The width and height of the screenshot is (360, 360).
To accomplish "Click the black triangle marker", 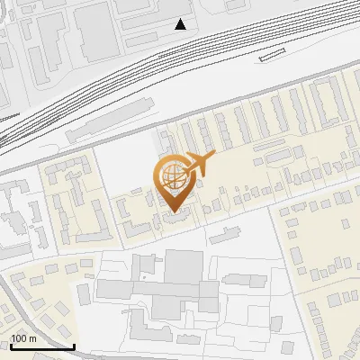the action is point(181,24).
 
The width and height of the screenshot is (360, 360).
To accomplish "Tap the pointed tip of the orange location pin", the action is point(175,210).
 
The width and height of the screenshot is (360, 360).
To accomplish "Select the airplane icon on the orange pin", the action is point(198,165).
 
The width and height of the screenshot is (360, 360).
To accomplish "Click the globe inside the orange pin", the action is point(173,177).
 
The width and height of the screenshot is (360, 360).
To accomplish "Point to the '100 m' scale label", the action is point(24,338).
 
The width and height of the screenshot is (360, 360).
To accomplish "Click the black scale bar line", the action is point(41,346).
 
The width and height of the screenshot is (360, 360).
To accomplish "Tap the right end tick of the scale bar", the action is point(74,344).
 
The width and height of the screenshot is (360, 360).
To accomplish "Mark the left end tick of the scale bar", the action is point(10,344).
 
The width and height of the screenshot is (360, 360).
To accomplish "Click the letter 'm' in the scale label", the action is point(32,338).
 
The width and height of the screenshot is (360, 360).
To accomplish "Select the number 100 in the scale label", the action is point(20,338).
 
